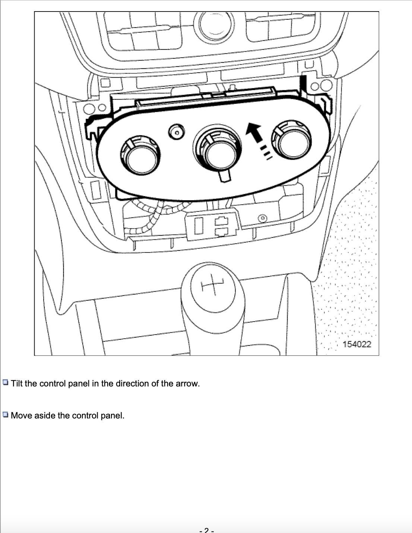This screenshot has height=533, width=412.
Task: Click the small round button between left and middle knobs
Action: (x=177, y=131)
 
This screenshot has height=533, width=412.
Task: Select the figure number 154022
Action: (x=356, y=344)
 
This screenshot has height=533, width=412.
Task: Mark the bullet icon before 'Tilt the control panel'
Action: (x=6, y=383)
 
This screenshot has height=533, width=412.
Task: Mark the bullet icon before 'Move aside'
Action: (x=6, y=415)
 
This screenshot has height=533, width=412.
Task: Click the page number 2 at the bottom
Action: (x=206, y=530)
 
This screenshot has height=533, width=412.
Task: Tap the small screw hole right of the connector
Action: (x=263, y=217)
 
